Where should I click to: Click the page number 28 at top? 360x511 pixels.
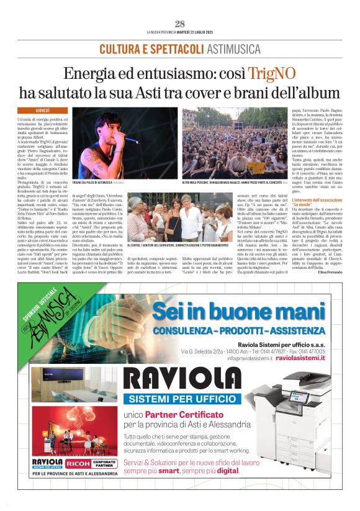coord(179,24)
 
